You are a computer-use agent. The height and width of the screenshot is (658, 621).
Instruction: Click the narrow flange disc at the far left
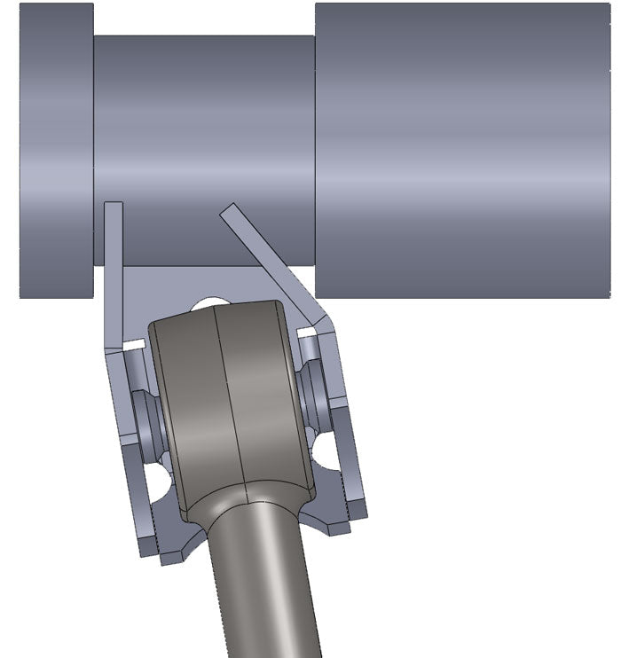[x=56, y=151]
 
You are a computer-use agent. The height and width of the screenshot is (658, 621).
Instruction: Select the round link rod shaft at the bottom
[x=266, y=594]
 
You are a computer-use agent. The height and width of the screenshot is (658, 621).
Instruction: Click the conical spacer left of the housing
[x=146, y=417]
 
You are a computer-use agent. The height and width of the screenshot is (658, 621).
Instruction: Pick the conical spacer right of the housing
[x=314, y=390]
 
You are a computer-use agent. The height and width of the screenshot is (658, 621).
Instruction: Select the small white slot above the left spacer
[x=135, y=342]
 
